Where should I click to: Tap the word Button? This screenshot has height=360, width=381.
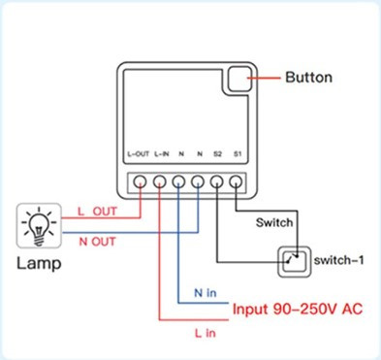pyautogui.click(x=309, y=76)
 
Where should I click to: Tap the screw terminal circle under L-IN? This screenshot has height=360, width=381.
pyautogui.click(x=160, y=180)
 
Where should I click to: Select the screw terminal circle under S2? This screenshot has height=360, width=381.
pyautogui.click(x=217, y=180)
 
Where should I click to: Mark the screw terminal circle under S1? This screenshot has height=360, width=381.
pyautogui.click(x=236, y=180)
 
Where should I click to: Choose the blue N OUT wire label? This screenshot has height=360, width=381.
pyautogui.click(x=96, y=240)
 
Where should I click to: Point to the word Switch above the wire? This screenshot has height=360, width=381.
pyautogui.click(x=274, y=222)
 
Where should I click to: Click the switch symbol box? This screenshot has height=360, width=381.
pyautogui.click(x=289, y=260)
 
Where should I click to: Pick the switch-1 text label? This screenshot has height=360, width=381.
pyautogui.click(x=338, y=260)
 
